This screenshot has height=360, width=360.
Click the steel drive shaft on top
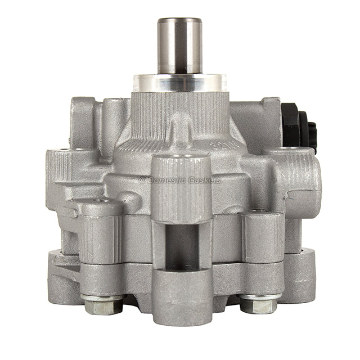[179, 48]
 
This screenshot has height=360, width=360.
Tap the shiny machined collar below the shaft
[180, 83]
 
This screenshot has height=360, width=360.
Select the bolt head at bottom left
[102, 307]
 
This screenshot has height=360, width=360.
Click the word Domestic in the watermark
[165, 180]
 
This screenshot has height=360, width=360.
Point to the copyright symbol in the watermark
[142, 180]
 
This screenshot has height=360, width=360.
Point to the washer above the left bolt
[102, 297]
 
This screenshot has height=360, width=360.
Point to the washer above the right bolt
[259, 296]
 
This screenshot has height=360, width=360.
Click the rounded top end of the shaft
[179, 21]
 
